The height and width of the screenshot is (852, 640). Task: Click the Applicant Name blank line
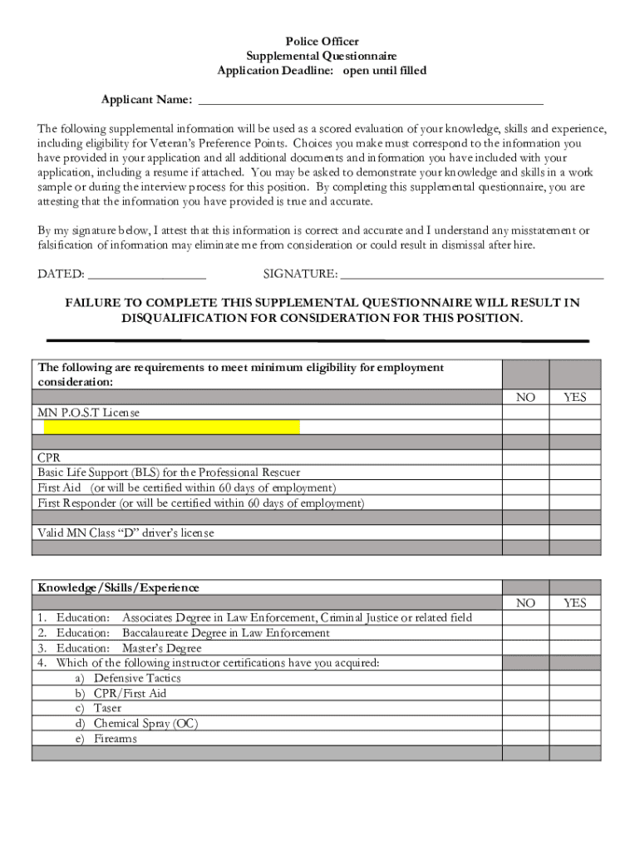coord(370,102)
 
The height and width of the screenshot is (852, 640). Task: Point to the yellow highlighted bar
coord(172,428)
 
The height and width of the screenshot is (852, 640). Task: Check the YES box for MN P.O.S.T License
coord(574,413)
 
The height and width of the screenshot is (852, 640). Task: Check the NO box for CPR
coord(525,458)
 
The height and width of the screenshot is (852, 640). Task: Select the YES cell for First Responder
coord(574,503)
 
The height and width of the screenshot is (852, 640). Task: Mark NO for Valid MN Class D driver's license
coord(525,533)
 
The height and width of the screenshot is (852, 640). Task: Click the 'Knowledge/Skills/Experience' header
coord(118,587)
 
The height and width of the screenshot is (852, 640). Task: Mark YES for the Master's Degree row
coord(574,648)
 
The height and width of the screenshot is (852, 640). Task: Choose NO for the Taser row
coord(525,709)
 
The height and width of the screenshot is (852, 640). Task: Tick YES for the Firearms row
coord(574,739)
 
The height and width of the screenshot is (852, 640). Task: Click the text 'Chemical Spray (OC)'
coord(145,724)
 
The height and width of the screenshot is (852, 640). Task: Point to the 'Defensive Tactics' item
coord(137,678)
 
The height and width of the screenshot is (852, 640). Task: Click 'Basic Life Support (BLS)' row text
coord(169,473)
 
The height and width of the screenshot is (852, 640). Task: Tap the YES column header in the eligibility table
coord(574,398)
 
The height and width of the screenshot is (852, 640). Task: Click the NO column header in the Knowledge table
coord(525,602)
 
